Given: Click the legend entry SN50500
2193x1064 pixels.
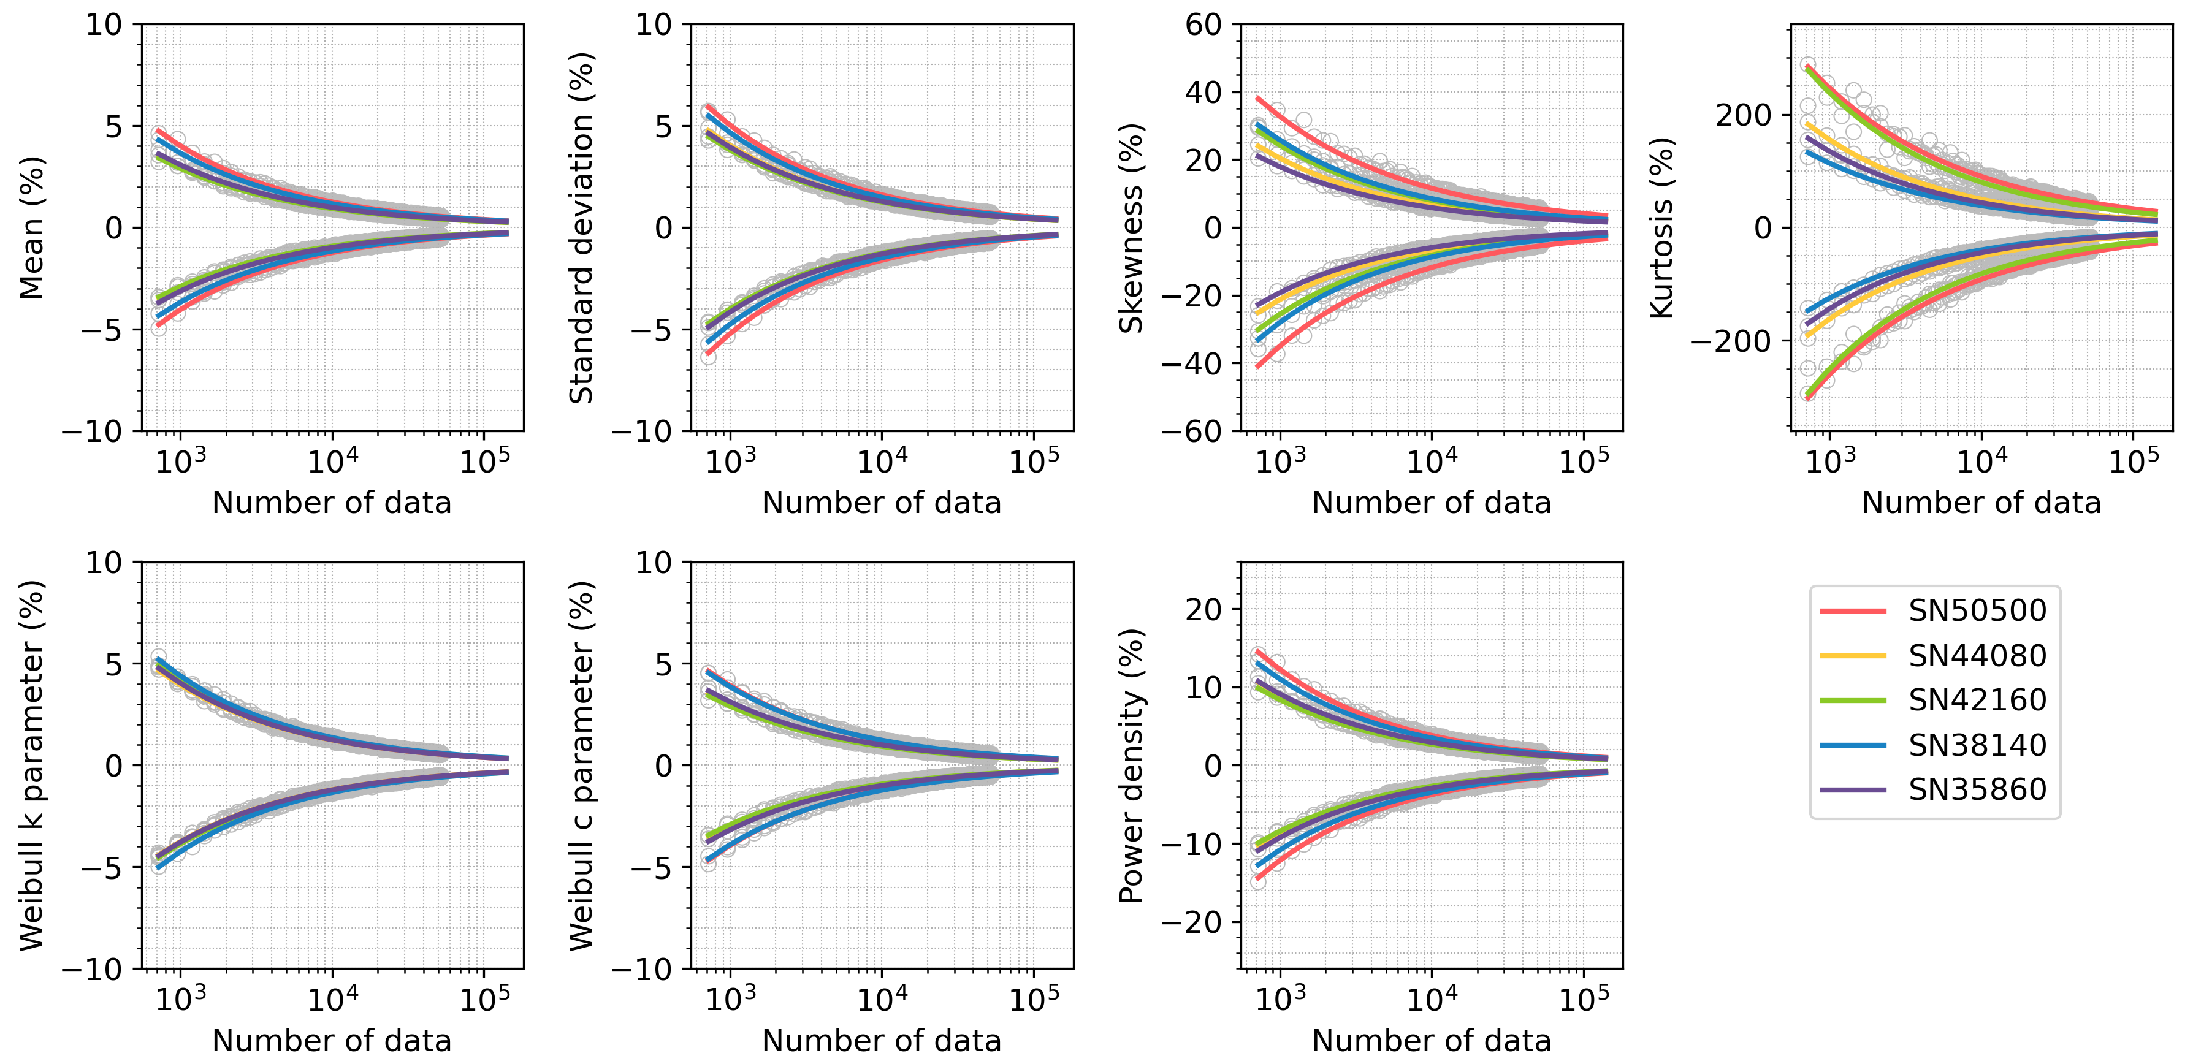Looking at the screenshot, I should [x=1977, y=610].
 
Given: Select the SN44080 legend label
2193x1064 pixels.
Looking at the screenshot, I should [x=1977, y=655].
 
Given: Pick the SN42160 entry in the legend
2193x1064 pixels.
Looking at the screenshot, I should [x=1977, y=700].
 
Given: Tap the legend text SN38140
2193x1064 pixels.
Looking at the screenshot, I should [x=1977, y=745].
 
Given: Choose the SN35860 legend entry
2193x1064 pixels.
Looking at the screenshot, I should [x=1977, y=789].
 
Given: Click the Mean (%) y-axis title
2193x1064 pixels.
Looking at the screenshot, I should [x=32, y=227].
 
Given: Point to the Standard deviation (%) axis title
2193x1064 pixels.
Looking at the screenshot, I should [x=581, y=227].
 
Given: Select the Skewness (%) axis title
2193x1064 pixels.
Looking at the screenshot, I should [x=1131, y=227].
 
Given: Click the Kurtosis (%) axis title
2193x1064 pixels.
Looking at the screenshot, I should [x=1662, y=227].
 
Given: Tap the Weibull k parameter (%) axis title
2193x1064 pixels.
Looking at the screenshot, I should [x=32, y=766].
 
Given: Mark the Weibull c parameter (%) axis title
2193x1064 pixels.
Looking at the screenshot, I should [x=581, y=766].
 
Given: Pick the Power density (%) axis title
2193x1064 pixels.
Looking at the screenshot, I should [x=1131, y=766].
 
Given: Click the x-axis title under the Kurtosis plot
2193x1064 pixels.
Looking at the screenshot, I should [x=1981, y=503].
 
